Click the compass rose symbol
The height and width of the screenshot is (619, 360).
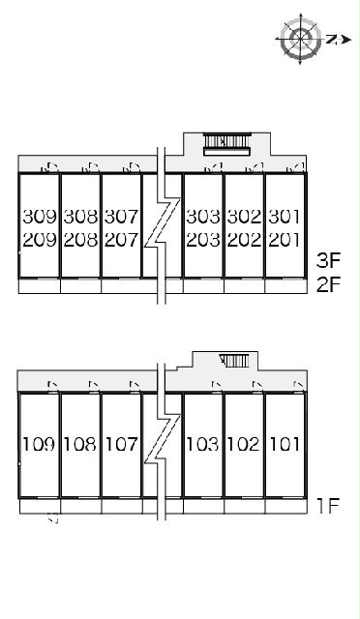tap(300, 39)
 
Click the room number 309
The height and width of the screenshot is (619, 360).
tap(40, 217)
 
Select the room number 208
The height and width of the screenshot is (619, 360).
tap(80, 240)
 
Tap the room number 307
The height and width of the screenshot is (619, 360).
tap(121, 217)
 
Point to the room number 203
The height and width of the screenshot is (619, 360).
tap(203, 240)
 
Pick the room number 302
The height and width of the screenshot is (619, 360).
tap(244, 217)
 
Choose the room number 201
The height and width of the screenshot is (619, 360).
tap(285, 240)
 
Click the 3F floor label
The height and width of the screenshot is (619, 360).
tap(328, 260)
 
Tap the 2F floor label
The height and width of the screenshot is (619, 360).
tap(328, 284)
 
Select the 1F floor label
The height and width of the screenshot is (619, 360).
tap(328, 506)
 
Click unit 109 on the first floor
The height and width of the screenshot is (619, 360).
tap(39, 445)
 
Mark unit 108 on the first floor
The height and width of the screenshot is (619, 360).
tap(80, 445)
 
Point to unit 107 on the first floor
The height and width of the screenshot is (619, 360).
tap(121, 445)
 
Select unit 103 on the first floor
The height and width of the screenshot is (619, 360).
tap(202, 445)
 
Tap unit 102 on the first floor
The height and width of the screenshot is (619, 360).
tap(244, 445)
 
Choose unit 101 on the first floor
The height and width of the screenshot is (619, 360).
tap(285, 445)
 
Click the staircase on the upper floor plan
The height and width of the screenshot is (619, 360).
tap(227, 144)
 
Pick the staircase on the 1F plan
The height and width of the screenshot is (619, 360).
tap(235, 361)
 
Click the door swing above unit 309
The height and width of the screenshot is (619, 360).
tap(50, 167)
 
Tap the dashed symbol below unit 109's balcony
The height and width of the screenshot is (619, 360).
tap(53, 518)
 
